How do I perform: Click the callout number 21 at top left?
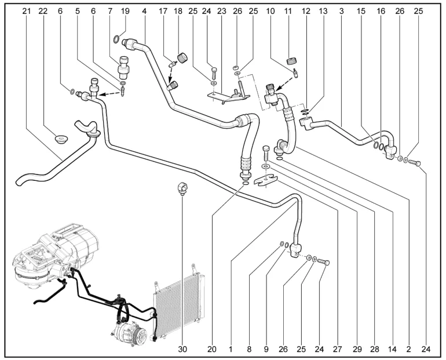[x=27, y=11]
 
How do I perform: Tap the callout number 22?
[x=43, y=11]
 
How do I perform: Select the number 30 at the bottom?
[x=182, y=348]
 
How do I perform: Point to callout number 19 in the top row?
[x=125, y=11]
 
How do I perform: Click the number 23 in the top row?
[x=222, y=11]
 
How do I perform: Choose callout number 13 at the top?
[x=323, y=11]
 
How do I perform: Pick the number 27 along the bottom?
[x=337, y=348]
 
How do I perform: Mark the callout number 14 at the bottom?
[x=392, y=348]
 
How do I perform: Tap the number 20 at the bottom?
[x=212, y=348]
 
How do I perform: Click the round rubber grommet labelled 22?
[x=61, y=140]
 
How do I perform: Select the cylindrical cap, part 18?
[x=182, y=58]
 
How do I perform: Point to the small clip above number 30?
[x=182, y=188]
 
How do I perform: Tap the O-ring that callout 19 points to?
[x=116, y=39]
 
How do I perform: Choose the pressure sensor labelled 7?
[x=124, y=68]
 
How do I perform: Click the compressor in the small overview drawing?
[x=130, y=331]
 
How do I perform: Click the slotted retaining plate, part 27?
[x=265, y=181]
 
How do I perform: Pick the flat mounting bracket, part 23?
[x=228, y=95]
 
